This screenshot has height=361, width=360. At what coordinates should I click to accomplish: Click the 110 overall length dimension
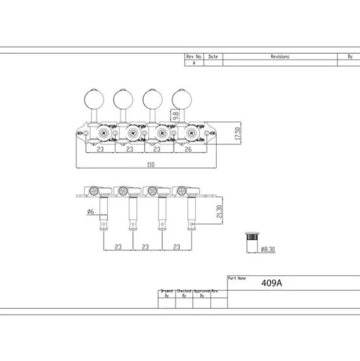[x=151, y=165]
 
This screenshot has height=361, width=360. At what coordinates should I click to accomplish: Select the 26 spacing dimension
[x=188, y=150]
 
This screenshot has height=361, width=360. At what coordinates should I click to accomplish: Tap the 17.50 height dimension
[x=237, y=134]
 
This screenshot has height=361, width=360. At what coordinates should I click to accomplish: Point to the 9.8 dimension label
[x=176, y=116]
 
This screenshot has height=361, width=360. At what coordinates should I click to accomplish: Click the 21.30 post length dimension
[x=220, y=211]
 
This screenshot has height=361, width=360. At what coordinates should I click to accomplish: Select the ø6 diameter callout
[x=91, y=211]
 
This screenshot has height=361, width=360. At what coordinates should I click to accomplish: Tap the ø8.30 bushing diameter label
[x=268, y=249]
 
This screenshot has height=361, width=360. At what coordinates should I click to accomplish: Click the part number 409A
[x=272, y=283]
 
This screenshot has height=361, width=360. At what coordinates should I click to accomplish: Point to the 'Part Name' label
[x=237, y=278]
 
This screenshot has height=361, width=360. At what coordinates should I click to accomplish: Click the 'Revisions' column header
[x=279, y=56]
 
